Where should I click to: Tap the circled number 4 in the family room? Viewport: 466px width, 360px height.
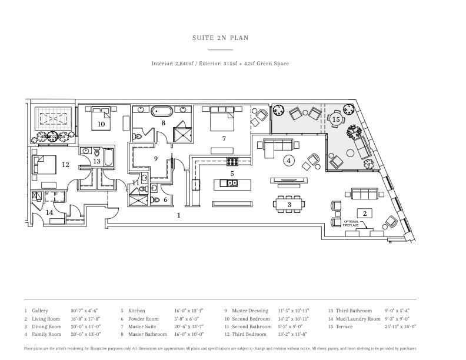[288, 160]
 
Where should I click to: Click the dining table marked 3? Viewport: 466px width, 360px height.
[289, 204]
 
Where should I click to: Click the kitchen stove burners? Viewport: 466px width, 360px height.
[232, 162]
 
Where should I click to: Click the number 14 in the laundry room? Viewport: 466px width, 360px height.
[50, 212]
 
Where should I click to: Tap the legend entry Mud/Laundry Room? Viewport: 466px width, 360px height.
[358, 318]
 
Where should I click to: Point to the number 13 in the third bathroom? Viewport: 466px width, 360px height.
[96, 161]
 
